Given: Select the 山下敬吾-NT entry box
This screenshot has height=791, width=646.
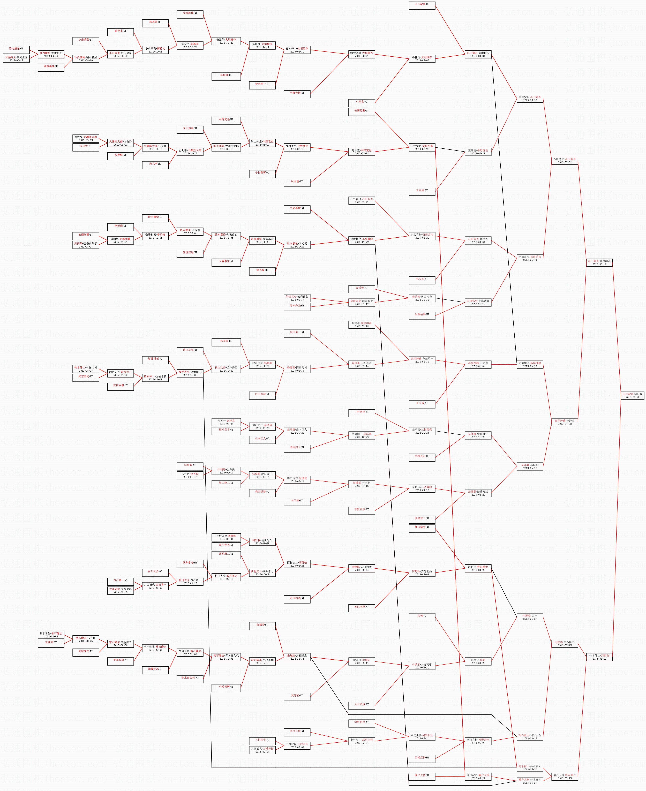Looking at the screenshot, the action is [422, 4].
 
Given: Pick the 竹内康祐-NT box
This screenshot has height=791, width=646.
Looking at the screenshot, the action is [16, 49].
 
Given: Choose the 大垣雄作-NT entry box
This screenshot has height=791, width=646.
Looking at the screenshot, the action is [190, 13].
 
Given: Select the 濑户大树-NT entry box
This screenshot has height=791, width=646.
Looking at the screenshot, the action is [422, 775].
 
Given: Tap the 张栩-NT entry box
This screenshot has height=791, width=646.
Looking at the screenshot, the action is [422, 616].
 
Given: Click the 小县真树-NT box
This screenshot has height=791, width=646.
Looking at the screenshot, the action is [297, 208].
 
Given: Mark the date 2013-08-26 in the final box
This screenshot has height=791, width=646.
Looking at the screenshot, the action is [633, 397].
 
